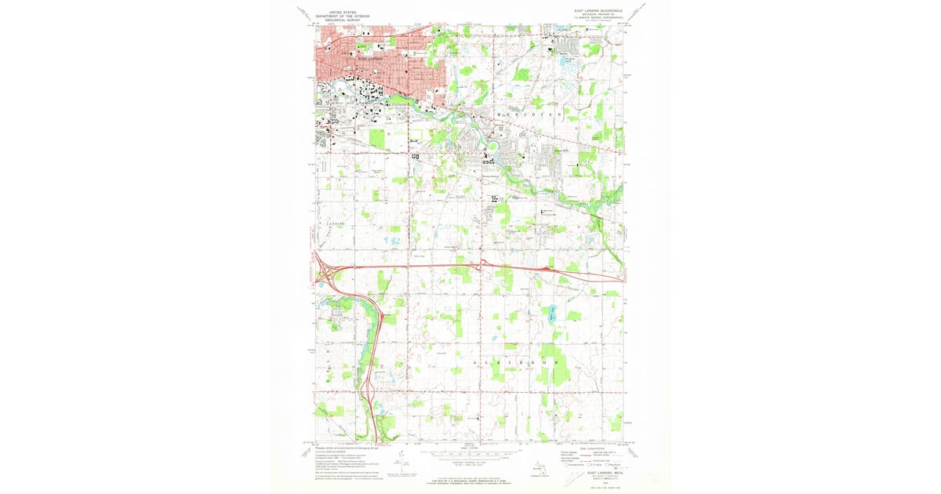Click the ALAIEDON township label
click(x=514, y=364)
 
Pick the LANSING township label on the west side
click(x=336, y=223)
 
